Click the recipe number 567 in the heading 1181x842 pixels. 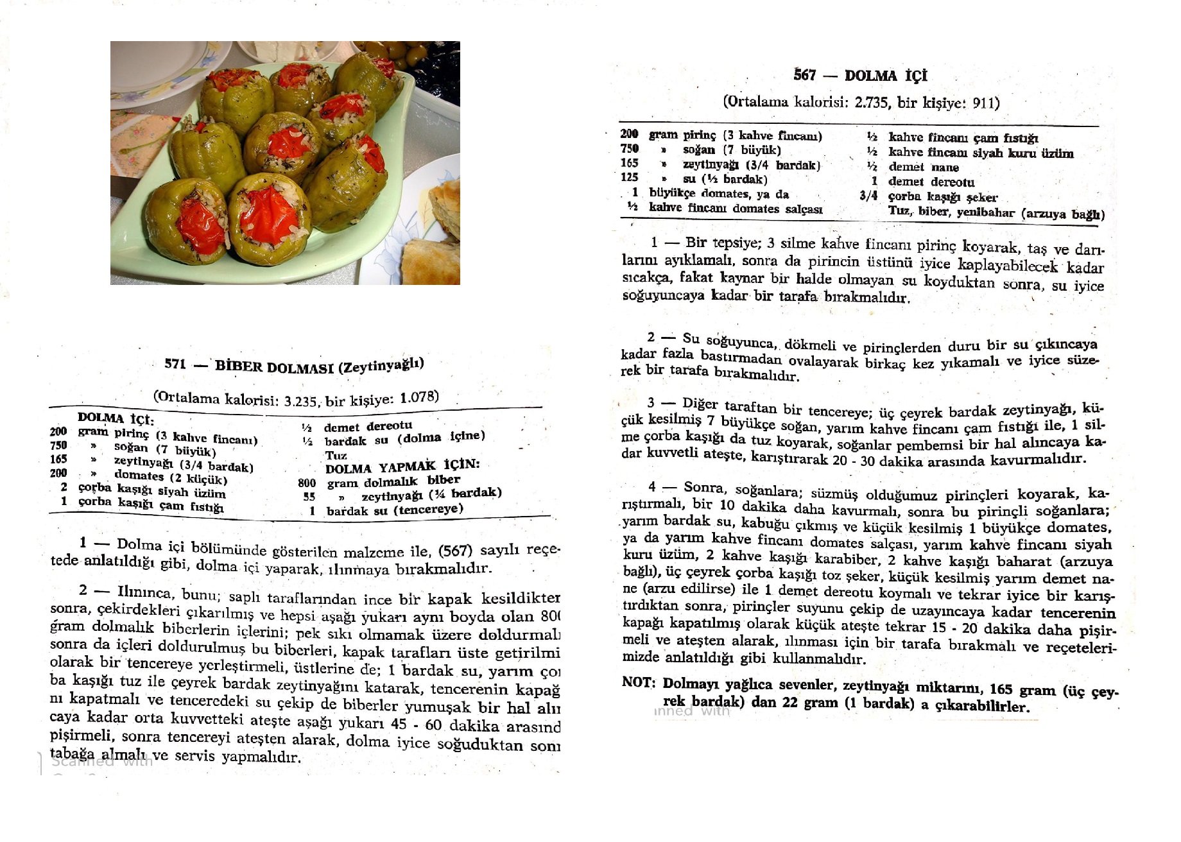click(x=804, y=75)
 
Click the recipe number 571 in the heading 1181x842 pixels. click(x=175, y=364)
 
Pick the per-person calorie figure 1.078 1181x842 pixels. click(x=419, y=397)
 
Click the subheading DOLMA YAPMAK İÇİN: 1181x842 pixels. click(x=402, y=467)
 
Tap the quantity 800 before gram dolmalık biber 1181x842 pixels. click(x=307, y=483)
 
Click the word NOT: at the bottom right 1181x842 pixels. click(x=639, y=682)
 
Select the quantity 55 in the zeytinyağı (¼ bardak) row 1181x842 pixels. click(x=309, y=497)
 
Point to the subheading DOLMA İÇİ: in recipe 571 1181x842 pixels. click(x=116, y=418)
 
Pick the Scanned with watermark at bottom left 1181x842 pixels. click(x=102, y=762)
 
